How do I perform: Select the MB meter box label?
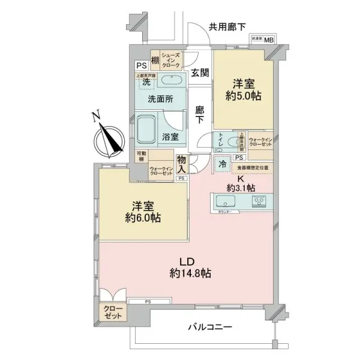(x=269, y=40)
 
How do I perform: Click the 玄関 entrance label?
(x=200, y=73)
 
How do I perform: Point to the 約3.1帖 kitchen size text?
(x=239, y=188)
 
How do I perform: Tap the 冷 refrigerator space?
(x=223, y=163)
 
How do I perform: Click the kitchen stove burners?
(x=260, y=200)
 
